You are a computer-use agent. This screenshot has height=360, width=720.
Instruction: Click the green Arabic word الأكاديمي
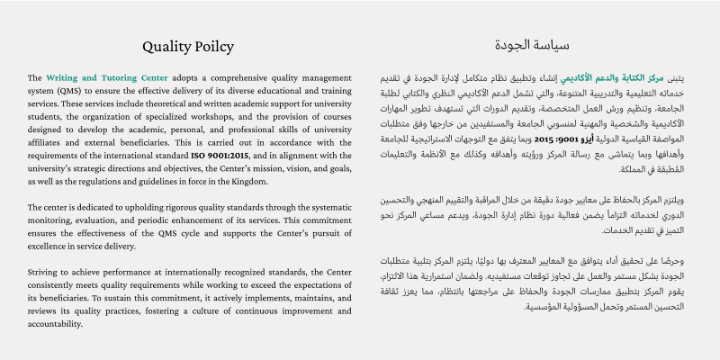coord(572,78)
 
